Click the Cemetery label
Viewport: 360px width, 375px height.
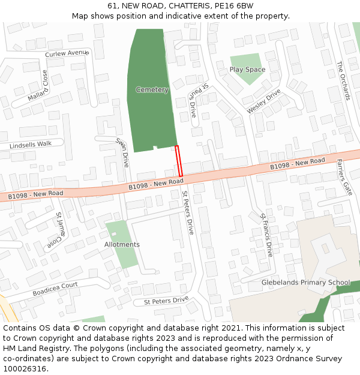coord(152,90)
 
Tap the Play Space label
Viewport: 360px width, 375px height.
coord(247,70)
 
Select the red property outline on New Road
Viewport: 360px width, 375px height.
coord(178,161)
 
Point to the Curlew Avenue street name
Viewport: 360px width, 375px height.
coord(67,53)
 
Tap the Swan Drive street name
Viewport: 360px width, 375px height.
coord(122,152)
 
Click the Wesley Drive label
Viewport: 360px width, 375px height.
coord(263,101)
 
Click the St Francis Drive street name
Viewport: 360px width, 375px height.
coord(266,235)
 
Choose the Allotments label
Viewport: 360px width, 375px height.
coord(122,244)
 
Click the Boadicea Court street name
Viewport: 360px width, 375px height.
coord(55,289)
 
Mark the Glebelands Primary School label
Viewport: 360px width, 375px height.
coord(305,283)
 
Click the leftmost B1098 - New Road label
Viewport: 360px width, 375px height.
coord(35,194)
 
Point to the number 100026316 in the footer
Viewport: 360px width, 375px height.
coord(25,368)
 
